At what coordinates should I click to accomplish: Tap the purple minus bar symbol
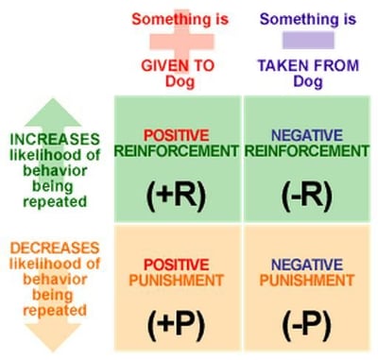306,40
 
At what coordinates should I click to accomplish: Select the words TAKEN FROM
306,66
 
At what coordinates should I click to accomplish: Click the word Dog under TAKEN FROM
306,81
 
